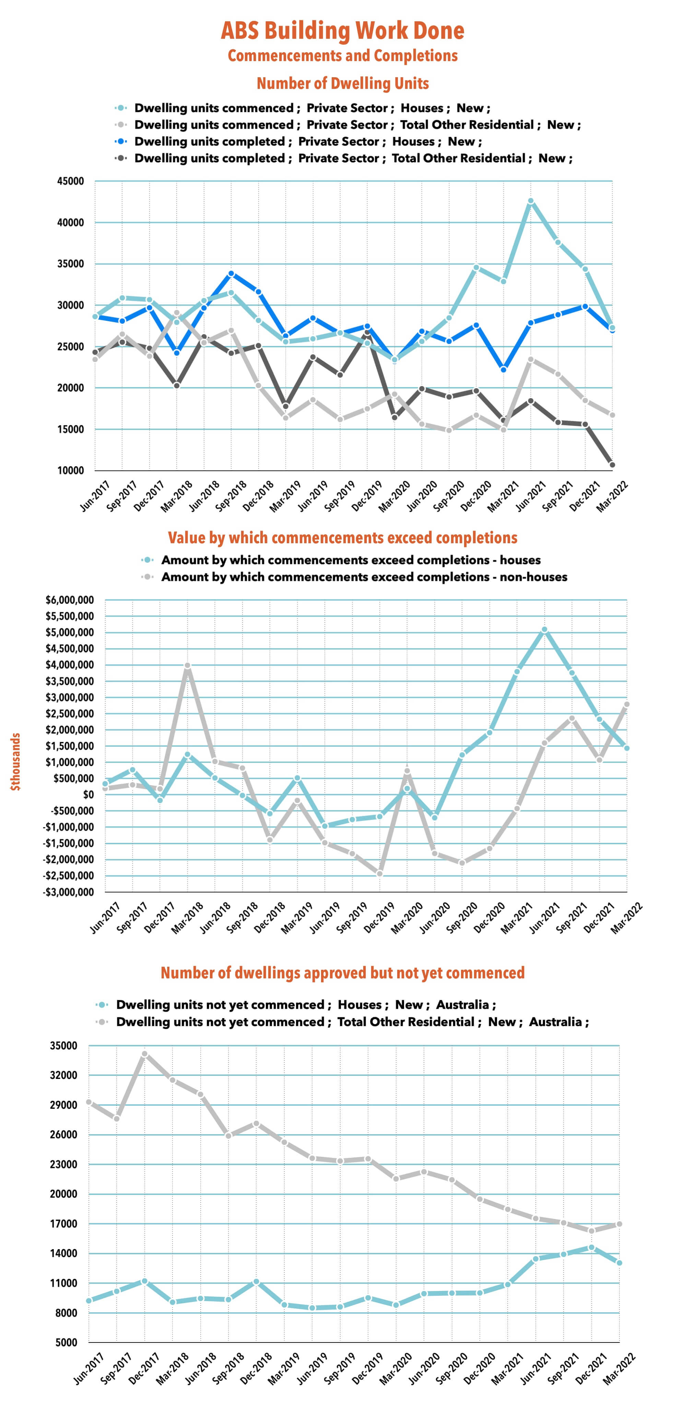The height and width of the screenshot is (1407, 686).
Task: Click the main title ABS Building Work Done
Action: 342,31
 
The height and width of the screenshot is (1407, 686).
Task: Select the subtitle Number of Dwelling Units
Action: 342,84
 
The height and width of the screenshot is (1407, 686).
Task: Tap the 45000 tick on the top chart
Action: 71,181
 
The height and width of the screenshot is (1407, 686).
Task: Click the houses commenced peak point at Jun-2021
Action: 531,201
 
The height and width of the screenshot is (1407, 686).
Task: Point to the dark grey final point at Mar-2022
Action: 612,465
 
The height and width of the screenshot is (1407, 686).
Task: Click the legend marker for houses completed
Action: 121,141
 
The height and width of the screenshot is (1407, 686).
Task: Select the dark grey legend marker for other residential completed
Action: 121,159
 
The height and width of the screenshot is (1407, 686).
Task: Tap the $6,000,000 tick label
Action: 70,600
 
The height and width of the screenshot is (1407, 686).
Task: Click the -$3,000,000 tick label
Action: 70,892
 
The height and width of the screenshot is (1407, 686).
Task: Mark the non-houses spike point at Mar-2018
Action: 187,666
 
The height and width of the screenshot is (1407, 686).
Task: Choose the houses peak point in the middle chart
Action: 544,630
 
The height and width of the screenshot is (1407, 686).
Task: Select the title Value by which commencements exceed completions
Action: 342,538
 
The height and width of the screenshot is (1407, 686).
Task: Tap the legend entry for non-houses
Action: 364,577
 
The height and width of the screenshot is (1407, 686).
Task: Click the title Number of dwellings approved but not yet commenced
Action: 342,973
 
